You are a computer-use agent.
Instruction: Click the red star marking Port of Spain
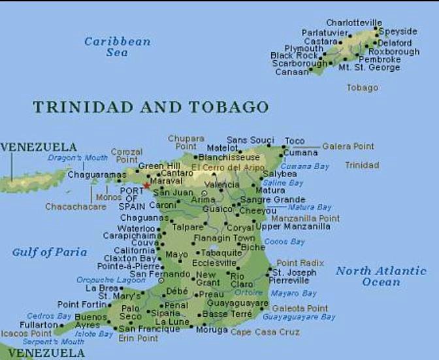coord(147,186)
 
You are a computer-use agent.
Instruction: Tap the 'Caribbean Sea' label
coord(117,46)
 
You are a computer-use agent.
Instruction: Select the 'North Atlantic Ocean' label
coord(381,276)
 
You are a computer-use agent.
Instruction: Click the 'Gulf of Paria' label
coord(49,252)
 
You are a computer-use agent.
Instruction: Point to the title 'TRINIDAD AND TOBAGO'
coord(150,107)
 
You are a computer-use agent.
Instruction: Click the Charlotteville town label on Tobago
coord(354,23)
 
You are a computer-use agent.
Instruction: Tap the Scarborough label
coord(299,64)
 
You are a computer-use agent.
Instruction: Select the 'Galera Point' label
coord(348,146)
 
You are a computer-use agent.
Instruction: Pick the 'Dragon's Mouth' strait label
coord(78,158)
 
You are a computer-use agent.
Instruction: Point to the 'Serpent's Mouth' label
coord(44,341)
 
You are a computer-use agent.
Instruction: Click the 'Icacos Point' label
coord(26,333)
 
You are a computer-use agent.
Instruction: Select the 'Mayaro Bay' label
coord(293,293)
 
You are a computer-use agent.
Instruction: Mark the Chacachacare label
coord(75,206)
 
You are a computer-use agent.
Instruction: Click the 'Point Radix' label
coord(300,263)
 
